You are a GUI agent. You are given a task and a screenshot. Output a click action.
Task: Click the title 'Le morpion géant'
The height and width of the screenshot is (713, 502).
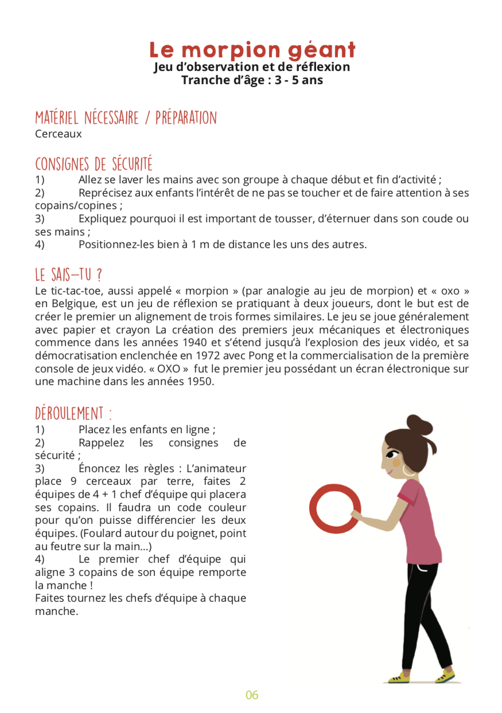point(252,50)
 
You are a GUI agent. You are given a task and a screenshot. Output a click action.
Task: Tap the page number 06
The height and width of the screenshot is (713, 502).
point(252,695)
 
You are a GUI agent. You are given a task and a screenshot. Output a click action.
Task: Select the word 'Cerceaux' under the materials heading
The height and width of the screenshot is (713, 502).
point(58,134)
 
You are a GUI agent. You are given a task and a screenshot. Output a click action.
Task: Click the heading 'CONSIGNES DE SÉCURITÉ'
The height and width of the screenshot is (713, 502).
point(94,164)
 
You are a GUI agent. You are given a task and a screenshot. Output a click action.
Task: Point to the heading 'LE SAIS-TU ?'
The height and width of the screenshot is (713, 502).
point(69,275)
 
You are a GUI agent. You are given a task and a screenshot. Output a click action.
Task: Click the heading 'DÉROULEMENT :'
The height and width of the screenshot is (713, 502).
point(73,413)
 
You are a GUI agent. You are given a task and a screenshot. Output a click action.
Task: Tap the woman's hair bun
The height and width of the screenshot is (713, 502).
point(420,425)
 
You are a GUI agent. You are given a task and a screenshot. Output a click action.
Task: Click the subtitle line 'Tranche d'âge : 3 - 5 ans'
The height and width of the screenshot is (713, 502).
point(252,80)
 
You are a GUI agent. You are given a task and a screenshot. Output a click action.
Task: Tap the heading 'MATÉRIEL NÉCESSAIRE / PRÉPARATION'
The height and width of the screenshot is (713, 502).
point(126,118)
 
